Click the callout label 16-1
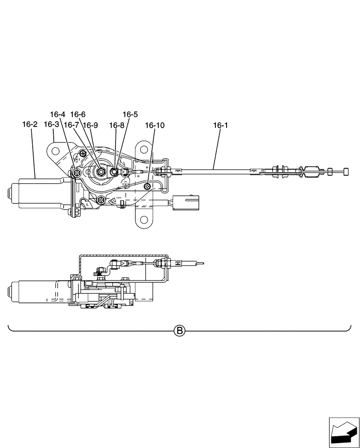[x=220, y=125]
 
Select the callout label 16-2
[x=30, y=125]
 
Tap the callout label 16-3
[x=51, y=125]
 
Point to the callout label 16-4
[x=57, y=114]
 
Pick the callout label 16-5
[x=130, y=114]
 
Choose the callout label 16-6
[x=77, y=114]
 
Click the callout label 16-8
[x=116, y=125]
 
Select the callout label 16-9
[x=90, y=125]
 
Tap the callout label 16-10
[x=154, y=125]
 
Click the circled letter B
[x=179, y=331]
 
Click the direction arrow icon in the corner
[x=343, y=432]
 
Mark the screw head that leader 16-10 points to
[x=148, y=185]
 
